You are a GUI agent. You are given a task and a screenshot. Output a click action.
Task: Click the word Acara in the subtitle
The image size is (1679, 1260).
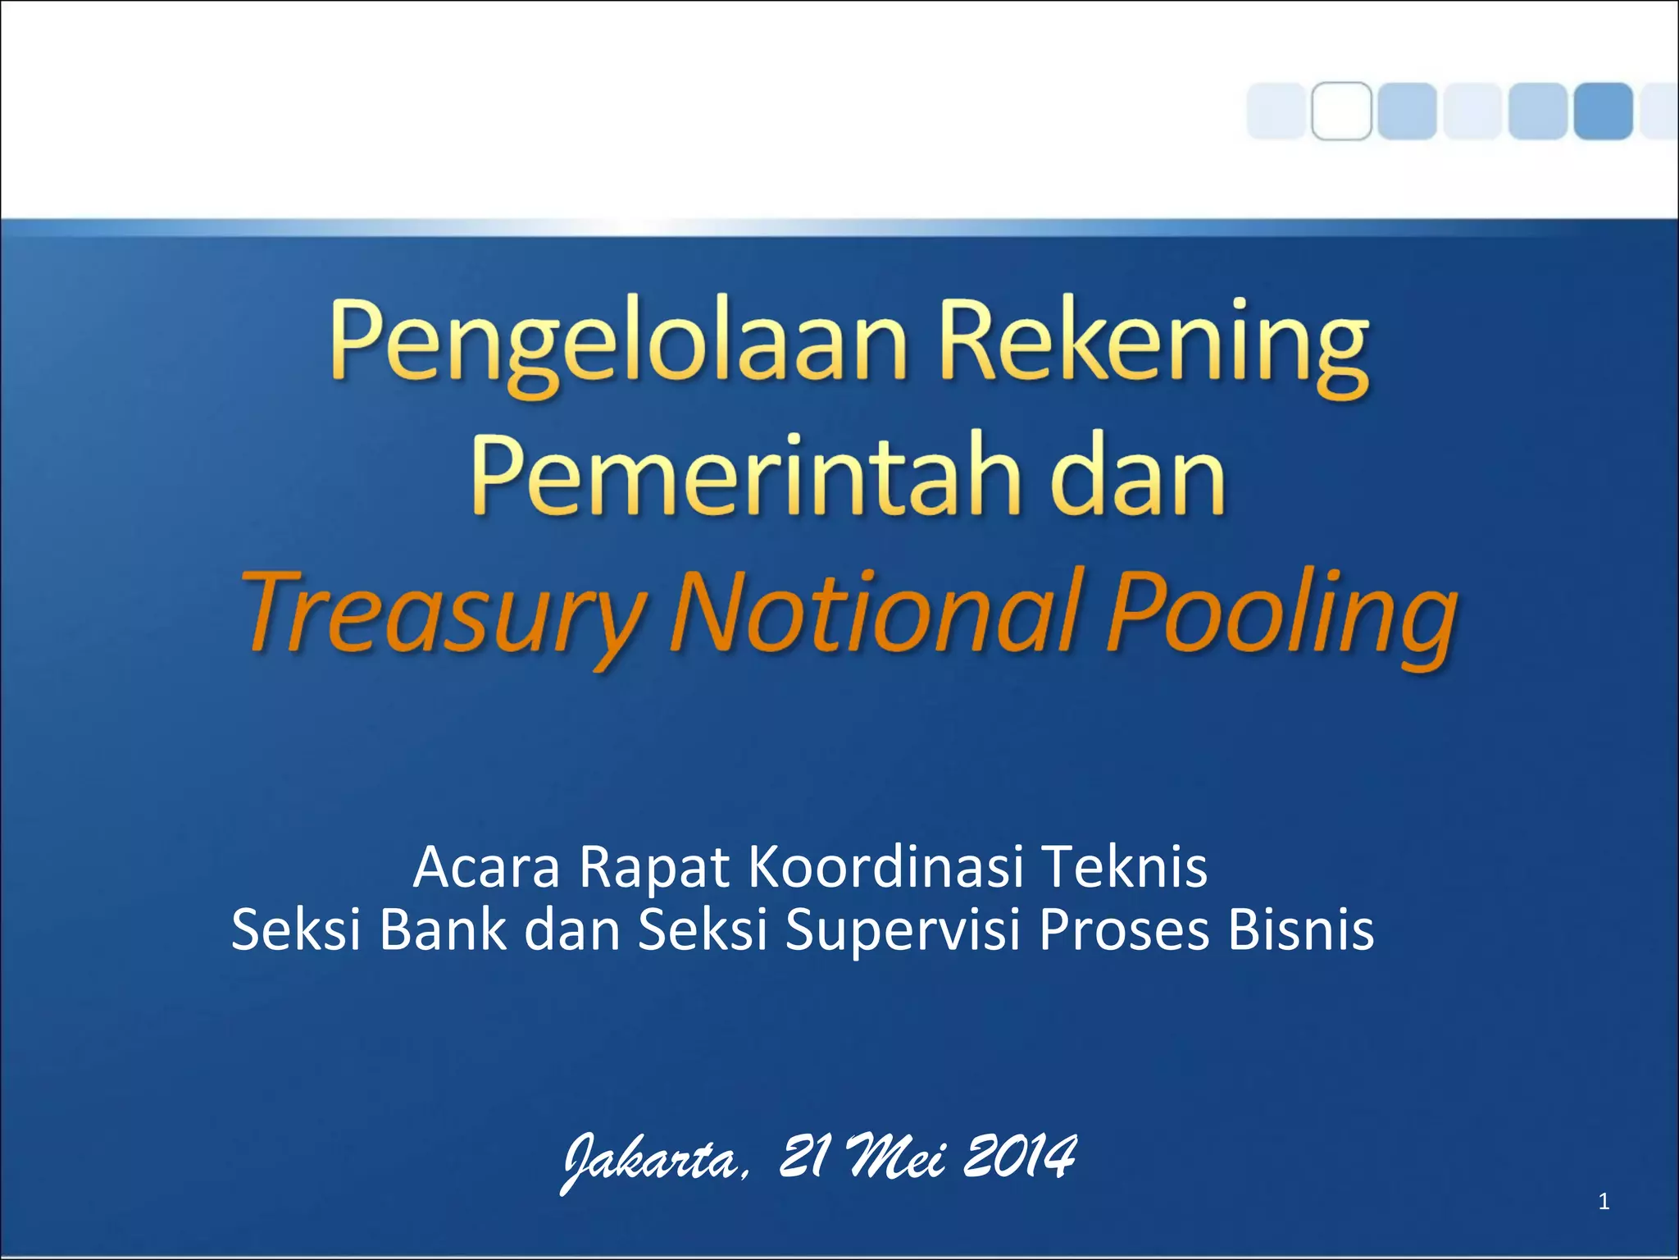(x=487, y=868)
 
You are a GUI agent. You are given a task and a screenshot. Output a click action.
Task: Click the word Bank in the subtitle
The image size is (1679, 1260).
(x=443, y=930)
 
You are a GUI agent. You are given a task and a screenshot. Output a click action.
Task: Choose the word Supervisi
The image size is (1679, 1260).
(x=902, y=932)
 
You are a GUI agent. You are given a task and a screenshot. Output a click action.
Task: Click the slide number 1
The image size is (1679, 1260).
(x=1604, y=1203)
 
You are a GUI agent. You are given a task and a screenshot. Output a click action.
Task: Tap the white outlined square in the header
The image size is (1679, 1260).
(x=1341, y=111)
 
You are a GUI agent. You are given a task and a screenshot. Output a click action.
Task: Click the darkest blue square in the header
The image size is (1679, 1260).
(x=1603, y=111)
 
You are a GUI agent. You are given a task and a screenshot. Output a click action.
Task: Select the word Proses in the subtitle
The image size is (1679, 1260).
(x=1124, y=930)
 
